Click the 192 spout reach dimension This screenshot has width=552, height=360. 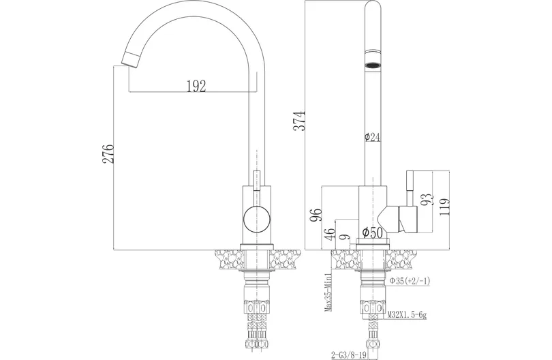coord(196,86)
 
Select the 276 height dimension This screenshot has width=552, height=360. coord(108,153)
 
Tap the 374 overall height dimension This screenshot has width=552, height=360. coord(300,121)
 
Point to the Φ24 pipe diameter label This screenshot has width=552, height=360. coord(373,137)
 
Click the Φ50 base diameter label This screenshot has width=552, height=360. coord(373,232)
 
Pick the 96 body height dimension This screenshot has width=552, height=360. coord(316,215)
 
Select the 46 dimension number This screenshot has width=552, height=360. coord(330,235)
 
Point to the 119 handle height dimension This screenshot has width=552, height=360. coord(444,208)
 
